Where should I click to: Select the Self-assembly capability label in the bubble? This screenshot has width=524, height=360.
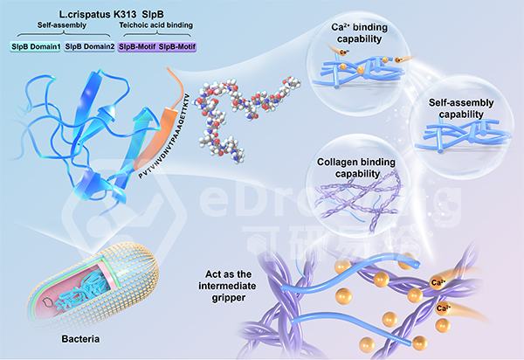coord(464,108)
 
